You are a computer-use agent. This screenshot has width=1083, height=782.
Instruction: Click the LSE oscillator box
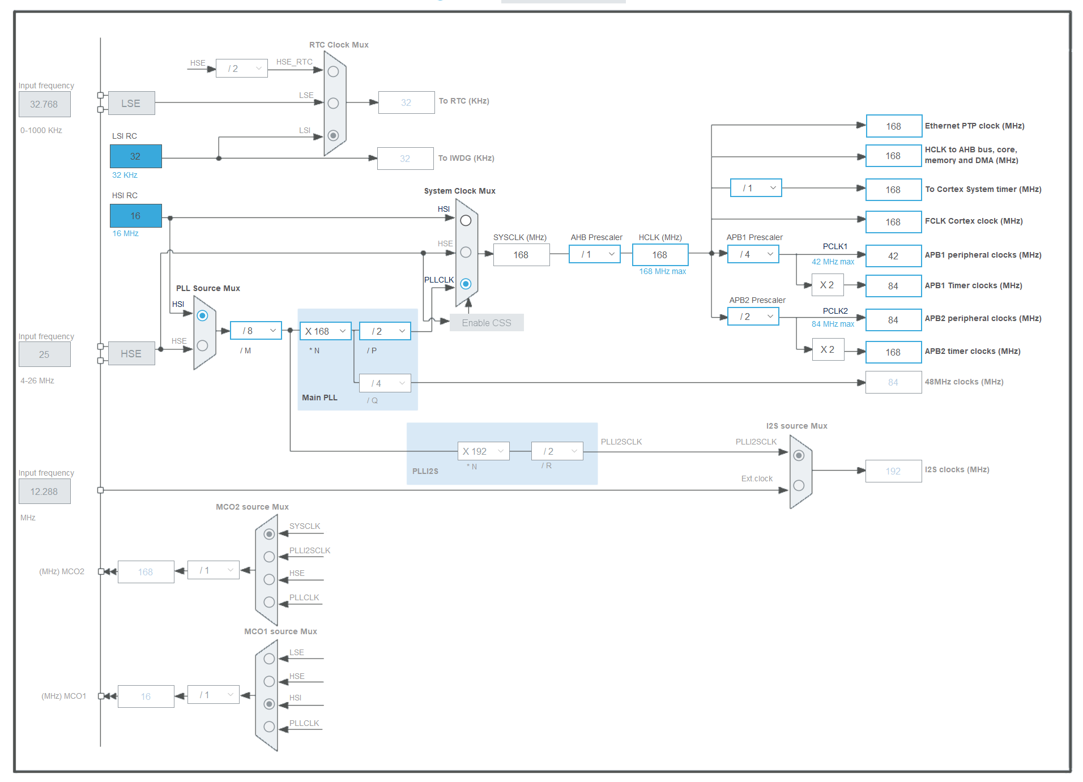131,103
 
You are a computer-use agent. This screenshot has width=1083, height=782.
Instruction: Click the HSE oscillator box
131,353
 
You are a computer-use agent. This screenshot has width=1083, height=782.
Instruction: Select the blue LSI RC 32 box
135,156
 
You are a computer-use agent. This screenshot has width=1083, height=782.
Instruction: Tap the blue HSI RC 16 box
135,216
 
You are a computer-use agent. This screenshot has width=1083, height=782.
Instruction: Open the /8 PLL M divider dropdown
256,331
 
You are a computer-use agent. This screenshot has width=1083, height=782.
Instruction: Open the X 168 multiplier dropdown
326,331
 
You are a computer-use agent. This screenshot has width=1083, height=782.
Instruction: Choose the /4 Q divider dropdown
385,383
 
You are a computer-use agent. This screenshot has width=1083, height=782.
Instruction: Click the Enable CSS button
487,323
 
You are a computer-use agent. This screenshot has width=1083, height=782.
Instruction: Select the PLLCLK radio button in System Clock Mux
466,284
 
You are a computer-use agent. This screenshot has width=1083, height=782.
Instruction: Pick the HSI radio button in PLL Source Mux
202,315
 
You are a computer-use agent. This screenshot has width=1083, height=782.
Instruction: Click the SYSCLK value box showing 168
521,255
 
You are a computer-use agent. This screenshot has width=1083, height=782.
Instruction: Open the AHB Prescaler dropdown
595,254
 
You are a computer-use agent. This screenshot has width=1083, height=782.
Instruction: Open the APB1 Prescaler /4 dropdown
753,254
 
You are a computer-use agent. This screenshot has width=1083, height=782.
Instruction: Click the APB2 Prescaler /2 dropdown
753,317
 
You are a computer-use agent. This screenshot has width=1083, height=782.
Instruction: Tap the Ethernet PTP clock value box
894,126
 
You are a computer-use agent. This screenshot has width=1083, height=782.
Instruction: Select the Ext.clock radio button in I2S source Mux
799,485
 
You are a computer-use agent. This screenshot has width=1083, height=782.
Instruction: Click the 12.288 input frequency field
45,492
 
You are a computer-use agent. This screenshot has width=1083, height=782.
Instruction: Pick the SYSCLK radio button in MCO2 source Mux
269,534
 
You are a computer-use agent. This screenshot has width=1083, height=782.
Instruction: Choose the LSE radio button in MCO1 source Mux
269,659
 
